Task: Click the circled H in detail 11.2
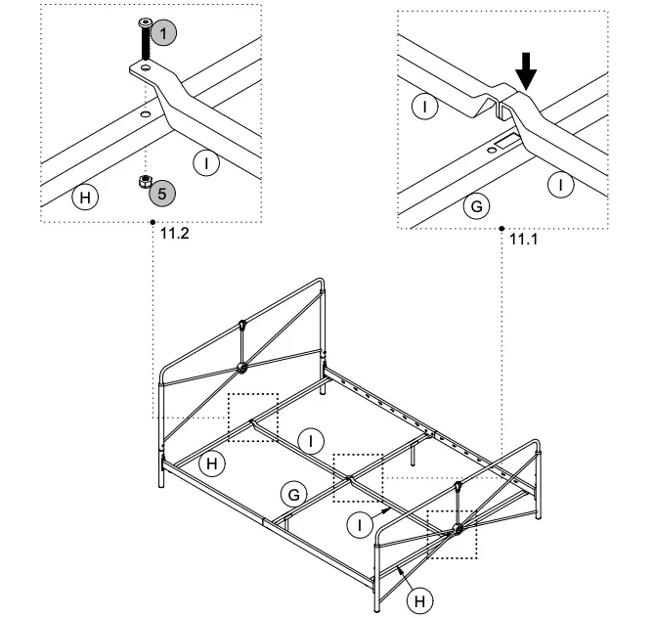(86, 198)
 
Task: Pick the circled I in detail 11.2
(206, 162)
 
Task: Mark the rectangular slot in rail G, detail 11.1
(509, 143)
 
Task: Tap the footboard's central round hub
(457, 529)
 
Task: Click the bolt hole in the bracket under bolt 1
(145, 68)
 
